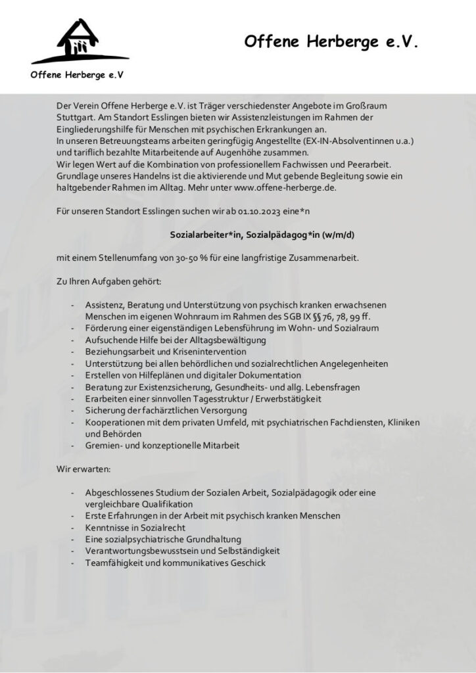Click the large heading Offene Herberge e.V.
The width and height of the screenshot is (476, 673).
click(331, 42)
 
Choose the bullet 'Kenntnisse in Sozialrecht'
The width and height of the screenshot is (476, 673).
click(135, 528)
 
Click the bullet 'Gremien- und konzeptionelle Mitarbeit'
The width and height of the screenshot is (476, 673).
click(162, 446)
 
